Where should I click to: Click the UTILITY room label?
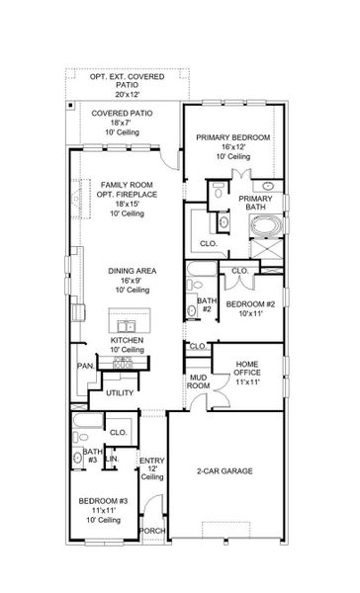(119, 392)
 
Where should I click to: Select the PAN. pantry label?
(86, 366)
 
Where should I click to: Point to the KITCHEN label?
(127, 339)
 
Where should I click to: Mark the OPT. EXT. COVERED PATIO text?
(126, 77)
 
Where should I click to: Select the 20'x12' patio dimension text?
(126, 95)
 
